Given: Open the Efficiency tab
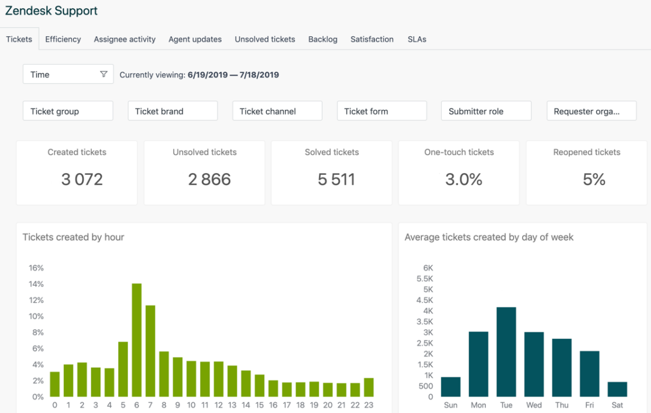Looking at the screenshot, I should click(x=63, y=39).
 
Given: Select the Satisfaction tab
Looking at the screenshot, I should click(x=372, y=39).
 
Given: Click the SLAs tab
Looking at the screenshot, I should click(x=417, y=39).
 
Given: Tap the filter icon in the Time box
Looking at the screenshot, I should click(x=104, y=74).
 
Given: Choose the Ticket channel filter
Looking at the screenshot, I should click(x=277, y=111).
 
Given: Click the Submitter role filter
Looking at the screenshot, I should click(x=486, y=111).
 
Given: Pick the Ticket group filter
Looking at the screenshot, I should click(x=68, y=111).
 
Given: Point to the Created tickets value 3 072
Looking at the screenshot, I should click(x=82, y=179).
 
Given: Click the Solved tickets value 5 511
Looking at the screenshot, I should click(x=336, y=179).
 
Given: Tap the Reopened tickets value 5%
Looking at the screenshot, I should click(x=594, y=179).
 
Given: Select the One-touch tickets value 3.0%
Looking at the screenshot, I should click(x=464, y=179).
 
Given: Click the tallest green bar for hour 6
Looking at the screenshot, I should click(x=137, y=340).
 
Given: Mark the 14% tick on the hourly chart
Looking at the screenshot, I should click(x=36, y=284).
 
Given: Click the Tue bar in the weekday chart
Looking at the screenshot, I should click(x=506, y=352).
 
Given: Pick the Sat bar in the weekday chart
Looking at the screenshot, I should click(x=617, y=389).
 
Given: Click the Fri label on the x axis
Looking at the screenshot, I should click(x=590, y=405).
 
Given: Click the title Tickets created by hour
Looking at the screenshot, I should click(x=74, y=237).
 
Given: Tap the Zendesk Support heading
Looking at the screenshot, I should click(x=51, y=11).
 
